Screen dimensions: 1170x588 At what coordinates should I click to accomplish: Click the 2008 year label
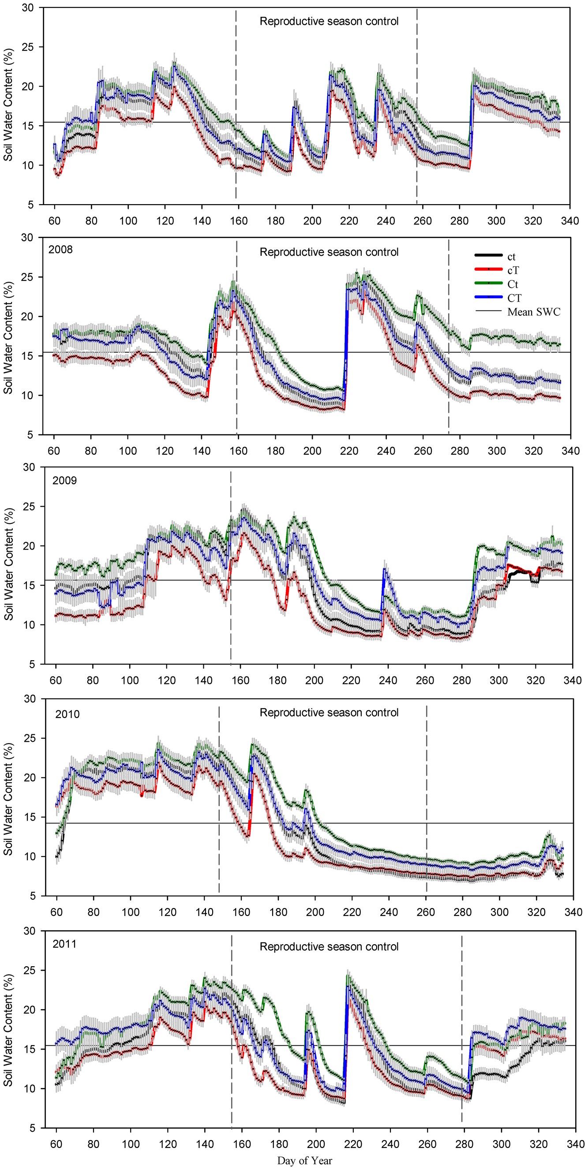tap(60, 249)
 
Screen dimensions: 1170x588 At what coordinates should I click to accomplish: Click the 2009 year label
tap(64, 481)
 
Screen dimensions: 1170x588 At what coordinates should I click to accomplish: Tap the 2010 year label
tap(67, 714)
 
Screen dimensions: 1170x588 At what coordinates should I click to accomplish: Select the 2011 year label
tap(64, 944)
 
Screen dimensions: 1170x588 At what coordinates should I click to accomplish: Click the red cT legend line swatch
tap(488, 270)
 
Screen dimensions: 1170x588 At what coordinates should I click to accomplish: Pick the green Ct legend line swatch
tap(488, 284)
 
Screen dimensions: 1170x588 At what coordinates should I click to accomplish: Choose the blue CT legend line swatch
tap(488, 297)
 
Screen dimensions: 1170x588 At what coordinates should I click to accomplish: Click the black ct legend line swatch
tap(488, 256)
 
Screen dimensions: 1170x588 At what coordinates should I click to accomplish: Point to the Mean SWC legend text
tap(533, 312)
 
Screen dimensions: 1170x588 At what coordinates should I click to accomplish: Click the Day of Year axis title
tap(304, 1160)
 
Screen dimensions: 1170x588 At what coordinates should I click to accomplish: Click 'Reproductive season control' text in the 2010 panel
tap(329, 713)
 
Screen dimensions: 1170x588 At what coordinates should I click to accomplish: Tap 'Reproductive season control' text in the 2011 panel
tap(329, 946)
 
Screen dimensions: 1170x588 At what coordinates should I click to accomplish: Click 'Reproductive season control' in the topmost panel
tap(329, 21)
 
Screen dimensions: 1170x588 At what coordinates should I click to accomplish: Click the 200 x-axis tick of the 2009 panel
tap(315, 680)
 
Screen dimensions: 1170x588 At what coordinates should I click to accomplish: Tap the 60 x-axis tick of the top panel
tap(54, 221)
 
